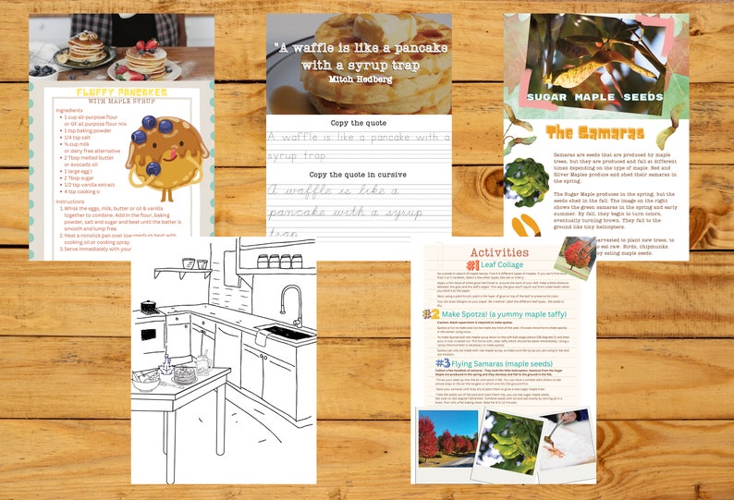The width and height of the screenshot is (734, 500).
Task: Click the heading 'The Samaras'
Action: point(594,132)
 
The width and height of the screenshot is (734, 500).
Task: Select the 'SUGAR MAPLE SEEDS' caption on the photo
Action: point(594,95)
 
